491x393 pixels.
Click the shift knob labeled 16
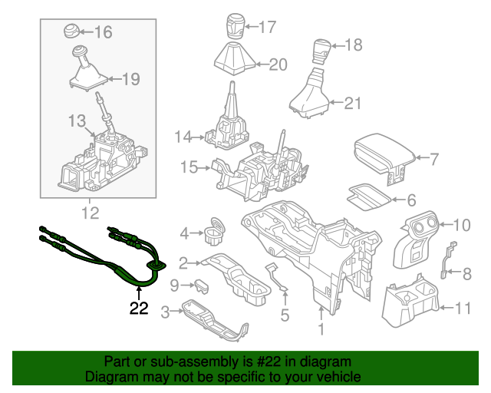click(71, 31)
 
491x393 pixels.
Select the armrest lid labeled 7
click(381, 156)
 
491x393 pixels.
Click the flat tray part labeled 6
click(367, 196)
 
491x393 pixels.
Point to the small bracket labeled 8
click(449, 259)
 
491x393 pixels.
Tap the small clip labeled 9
click(203, 285)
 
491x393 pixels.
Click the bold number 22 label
click(139, 309)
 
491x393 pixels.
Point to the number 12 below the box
click(91, 212)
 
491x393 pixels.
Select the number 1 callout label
click(321, 330)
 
